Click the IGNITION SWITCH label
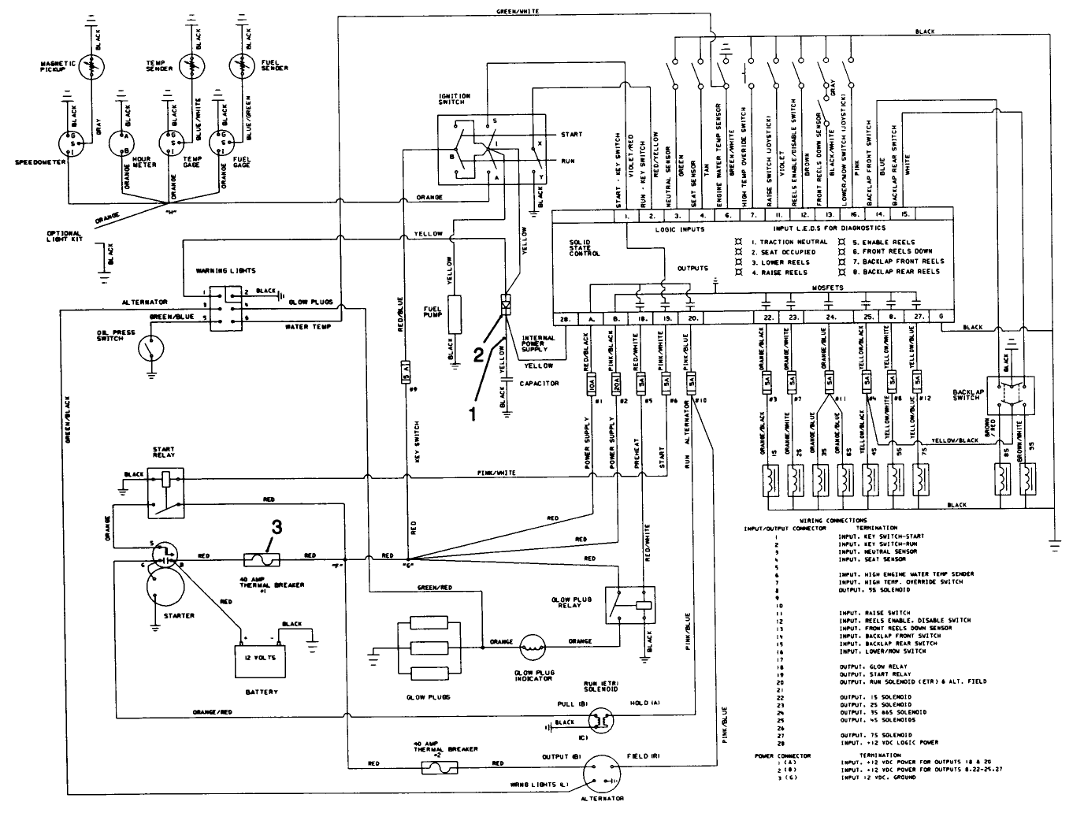pos(451,99)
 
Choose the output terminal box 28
pos(564,317)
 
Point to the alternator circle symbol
pos(605,776)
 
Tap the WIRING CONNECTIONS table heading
pos(833,521)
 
